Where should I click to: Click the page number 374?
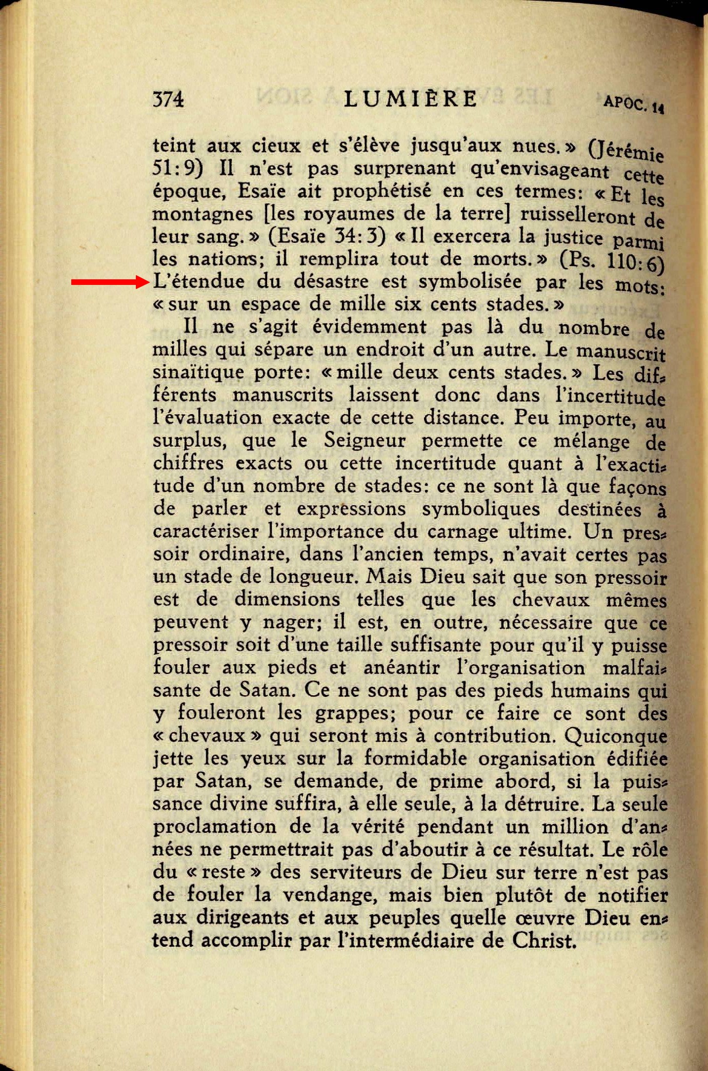pyautogui.click(x=168, y=99)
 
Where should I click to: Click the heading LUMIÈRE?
pyautogui.click(x=411, y=98)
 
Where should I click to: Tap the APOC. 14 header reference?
pyautogui.click(x=633, y=104)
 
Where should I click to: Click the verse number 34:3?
pyautogui.click(x=359, y=236)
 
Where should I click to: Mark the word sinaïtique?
pyautogui.click(x=198, y=372)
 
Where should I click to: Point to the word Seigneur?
pyautogui.click(x=365, y=440)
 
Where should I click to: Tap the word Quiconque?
pyautogui.click(x=616, y=736)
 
